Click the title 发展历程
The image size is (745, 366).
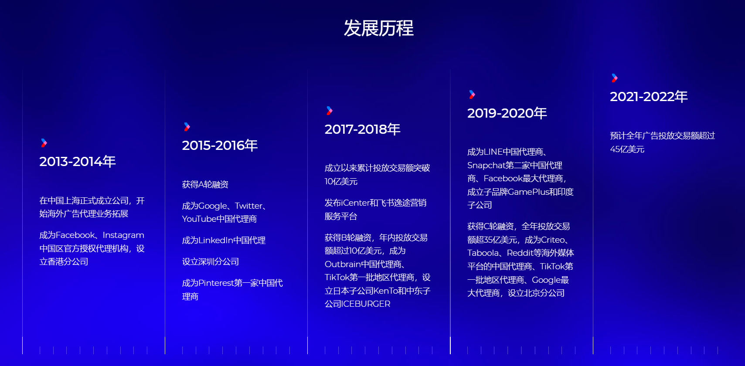click(x=378, y=28)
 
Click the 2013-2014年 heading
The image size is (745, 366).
click(x=78, y=162)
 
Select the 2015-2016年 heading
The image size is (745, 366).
click(x=220, y=145)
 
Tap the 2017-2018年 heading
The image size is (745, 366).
click(x=363, y=129)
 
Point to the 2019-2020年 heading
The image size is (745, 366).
click(x=507, y=113)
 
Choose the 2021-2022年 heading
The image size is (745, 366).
click(x=649, y=97)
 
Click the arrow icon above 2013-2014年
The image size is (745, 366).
click(x=44, y=143)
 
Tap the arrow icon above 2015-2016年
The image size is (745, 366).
click(x=187, y=127)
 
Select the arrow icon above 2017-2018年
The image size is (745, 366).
click(x=330, y=111)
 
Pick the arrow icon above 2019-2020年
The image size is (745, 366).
click(x=472, y=95)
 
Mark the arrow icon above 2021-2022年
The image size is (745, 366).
click(x=615, y=78)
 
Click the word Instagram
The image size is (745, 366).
click(x=123, y=235)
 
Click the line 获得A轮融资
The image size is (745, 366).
click(x=205, y=184)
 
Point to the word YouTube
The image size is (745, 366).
click(x=199, y=219)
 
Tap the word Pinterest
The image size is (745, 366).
click(x=216, y=283)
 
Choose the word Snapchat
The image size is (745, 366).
click(x=486, y=165)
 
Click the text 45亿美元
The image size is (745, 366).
click(x=627, y=149)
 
